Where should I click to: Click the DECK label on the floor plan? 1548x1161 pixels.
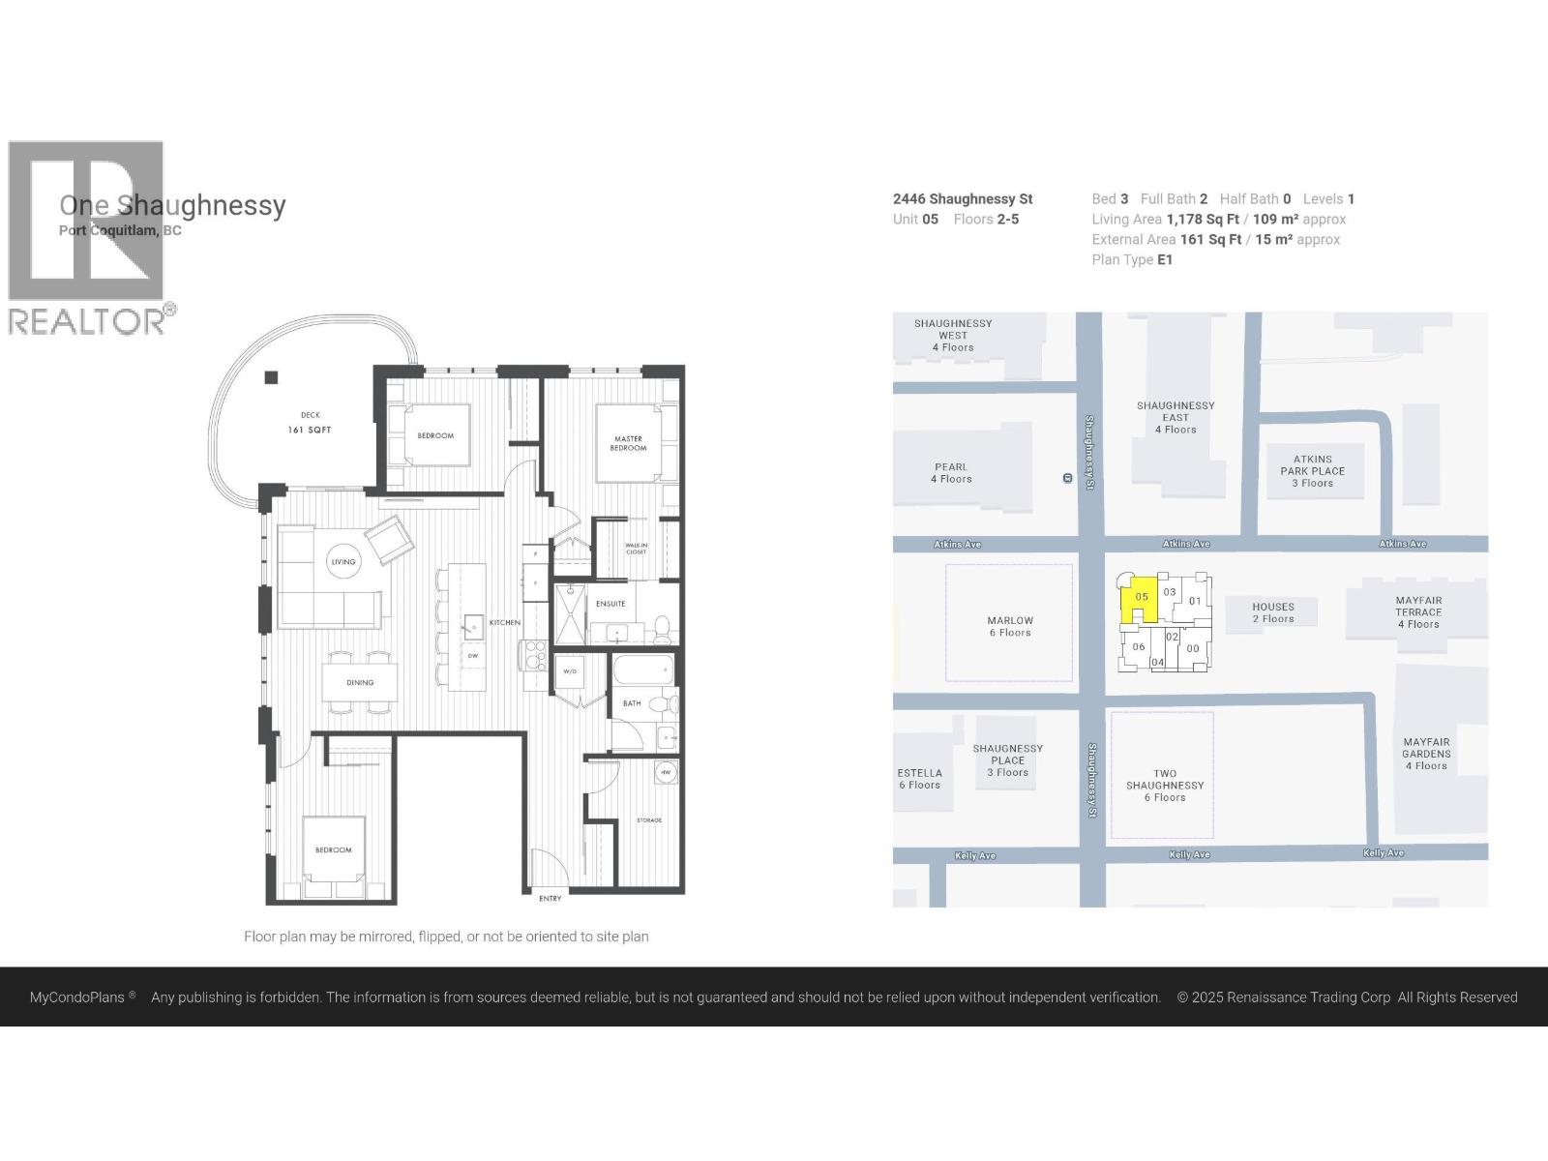point(310,416)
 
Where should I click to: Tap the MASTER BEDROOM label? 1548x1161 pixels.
point(628,443)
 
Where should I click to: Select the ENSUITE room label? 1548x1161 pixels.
point(610,604)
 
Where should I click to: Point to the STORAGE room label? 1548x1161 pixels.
point(649,820)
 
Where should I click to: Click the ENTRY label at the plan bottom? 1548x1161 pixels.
point(550,899)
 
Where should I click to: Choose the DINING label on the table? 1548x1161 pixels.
point(360,683)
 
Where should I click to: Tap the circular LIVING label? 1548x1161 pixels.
point(343,561)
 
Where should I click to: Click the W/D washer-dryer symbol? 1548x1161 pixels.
point(570,670)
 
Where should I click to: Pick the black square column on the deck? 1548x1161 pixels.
point(272,377)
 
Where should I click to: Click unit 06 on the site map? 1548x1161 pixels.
point(1138,646)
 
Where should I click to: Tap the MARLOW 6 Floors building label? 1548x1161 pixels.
point(1010,626)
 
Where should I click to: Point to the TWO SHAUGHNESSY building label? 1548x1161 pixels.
point(1164,786)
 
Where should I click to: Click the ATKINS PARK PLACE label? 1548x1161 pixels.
point(1313,471)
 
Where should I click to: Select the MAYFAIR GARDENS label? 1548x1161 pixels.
point(1426,754)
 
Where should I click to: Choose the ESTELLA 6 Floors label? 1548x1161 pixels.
point(919,779)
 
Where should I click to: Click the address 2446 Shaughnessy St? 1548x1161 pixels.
point(963,199)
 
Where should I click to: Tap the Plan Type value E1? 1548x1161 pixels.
point(1165,260)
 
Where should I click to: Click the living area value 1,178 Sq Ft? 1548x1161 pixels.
point(1203,220)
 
